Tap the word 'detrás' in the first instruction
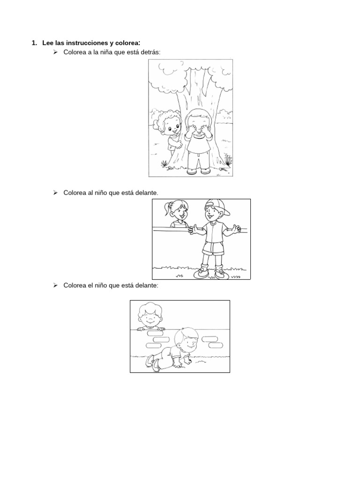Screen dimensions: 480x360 150,52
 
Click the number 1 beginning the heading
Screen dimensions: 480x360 34,43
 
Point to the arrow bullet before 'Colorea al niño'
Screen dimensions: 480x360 55,192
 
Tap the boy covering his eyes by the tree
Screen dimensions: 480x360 199,141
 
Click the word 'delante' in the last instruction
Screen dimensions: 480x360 145,285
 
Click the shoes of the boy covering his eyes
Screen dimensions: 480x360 199,171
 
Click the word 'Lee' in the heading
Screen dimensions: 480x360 47,43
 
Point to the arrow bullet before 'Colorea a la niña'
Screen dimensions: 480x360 55,52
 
